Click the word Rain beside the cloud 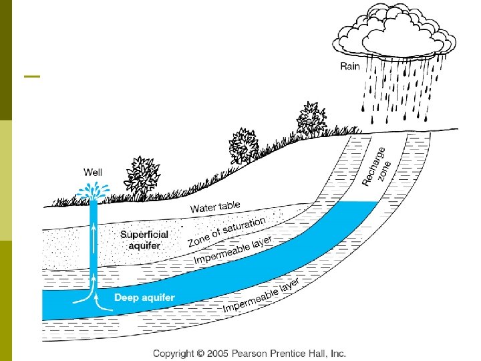[350, 66]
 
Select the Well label [94, 172]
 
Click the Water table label [215, 207]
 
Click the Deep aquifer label [144, 297]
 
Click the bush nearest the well [142, 174]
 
